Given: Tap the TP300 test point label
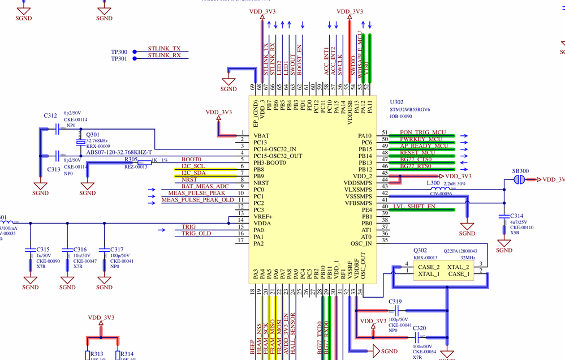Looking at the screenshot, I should point(119,52).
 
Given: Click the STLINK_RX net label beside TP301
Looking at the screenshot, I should point(165,55).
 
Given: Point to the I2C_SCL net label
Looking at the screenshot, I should point(193,166).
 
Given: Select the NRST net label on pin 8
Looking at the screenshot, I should point(189,179).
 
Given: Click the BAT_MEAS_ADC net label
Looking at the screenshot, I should point(205,186).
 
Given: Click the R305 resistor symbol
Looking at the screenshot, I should point(148,162).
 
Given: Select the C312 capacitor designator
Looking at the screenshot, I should point(50,116).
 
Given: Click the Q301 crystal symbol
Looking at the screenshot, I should point(81,142).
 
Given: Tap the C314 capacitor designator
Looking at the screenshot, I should point(517,216).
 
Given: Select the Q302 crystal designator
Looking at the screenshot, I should point(421,250).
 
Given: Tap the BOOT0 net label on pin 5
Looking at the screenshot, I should point(191,160).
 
